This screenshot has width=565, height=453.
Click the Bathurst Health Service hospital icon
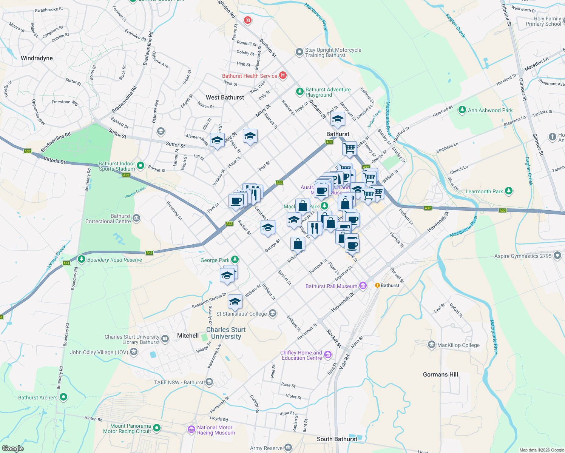click(x=282, y=75)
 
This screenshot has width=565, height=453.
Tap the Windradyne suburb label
click(x=37, y=58)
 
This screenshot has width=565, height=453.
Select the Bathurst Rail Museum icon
click(x=363, y=286)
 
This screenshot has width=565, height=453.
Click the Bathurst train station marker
click(x=377, y=285)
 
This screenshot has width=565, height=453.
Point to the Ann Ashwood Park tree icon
click(x=462, y=110)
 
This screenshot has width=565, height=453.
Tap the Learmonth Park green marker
click(x=509, y=191)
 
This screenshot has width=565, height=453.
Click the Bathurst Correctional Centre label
click(x=108, y=219)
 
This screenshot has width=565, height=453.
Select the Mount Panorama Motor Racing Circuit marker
click(x=157, y=428)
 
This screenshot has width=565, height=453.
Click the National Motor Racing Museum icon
click(x=191, y=430)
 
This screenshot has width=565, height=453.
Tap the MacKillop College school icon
click(x=431, y=345)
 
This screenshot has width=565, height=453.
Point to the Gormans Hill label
click(x=440, y=374)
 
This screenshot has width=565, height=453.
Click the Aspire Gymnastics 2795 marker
click(x=557, y=256)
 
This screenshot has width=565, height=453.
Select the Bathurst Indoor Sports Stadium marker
click(x=140, y=165)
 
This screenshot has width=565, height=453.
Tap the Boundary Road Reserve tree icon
click(x=82, y=259)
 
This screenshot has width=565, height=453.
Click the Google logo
click(x=13, y=448)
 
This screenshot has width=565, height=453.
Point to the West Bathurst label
click(x=225, y=97)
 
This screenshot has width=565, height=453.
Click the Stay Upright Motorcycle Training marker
click(x=299, y=52)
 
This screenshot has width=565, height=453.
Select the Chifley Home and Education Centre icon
click(x=327, y=354)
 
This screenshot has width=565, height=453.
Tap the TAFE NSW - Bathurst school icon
click(x=209, y=382)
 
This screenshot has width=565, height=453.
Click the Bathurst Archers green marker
click(x=63, y=397)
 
